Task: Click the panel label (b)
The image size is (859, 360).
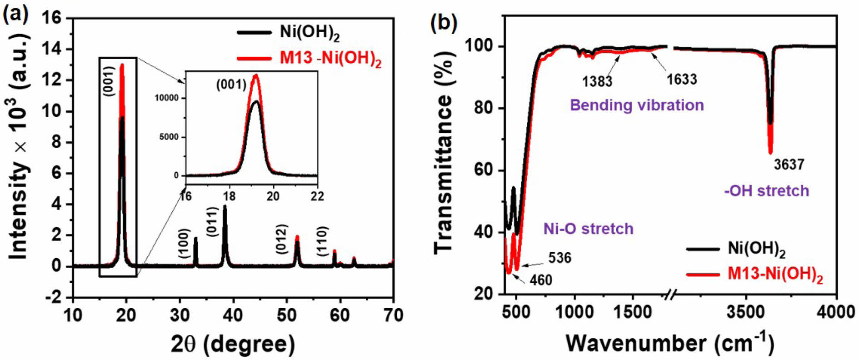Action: (x=444, y=23)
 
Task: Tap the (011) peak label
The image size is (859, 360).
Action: (x=213, y=221)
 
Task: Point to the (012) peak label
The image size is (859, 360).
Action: (x=282, y=239)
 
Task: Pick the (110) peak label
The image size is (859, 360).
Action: (x=322, y=241)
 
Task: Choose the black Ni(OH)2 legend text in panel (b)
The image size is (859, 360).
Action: (x=757, y=249)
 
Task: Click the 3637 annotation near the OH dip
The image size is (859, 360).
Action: (x=789, y=164)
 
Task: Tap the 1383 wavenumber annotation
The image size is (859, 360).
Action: (x=597, y=81)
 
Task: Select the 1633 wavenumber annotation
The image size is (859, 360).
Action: (x=682, y=80)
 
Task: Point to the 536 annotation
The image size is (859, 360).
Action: (x=559, y=258)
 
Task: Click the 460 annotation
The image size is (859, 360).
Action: (x=541, y=280)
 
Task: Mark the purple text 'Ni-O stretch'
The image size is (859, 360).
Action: (x=588, y=228)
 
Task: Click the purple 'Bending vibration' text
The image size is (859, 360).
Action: (x=637, y=105)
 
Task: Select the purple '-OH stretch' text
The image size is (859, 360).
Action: (x=766, y=190)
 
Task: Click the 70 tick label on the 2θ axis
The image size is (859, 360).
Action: (x=393, y=315)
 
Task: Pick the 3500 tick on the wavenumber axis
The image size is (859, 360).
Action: (x=746, y=312)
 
